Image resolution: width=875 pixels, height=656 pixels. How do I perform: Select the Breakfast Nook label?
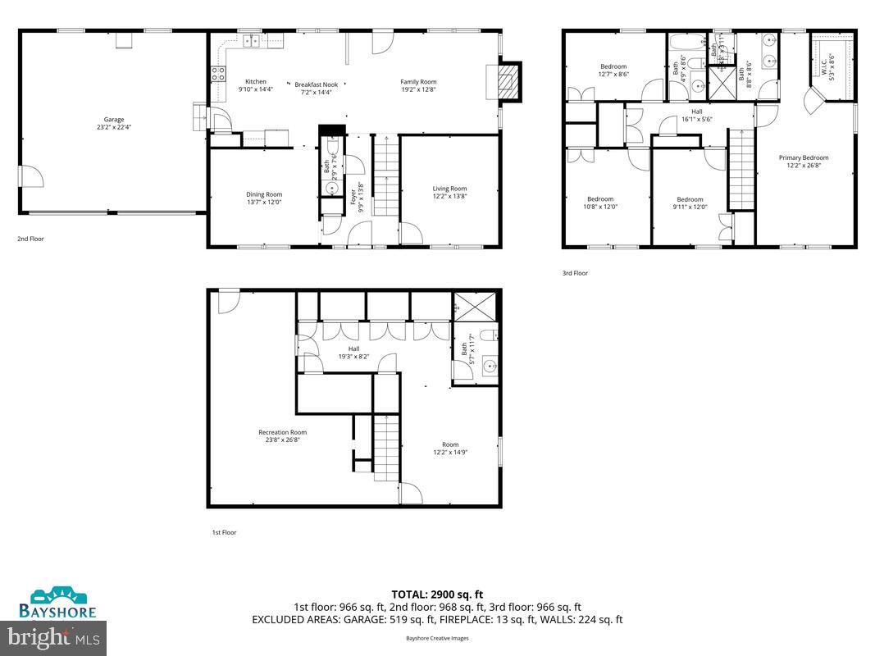316,85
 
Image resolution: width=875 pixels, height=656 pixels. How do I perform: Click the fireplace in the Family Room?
509,81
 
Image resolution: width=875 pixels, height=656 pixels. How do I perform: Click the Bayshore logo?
58,604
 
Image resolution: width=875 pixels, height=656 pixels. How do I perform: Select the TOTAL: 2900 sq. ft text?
437,594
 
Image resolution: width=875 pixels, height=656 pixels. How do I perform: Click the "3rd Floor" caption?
575,273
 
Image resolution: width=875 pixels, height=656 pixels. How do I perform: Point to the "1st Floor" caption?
224,532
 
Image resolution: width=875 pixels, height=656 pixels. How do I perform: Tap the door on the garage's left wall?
29,176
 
